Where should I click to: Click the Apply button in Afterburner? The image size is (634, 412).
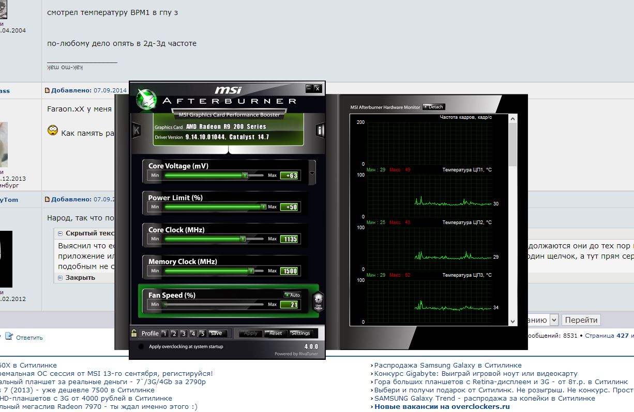pyautogui.click(x=251, y=334)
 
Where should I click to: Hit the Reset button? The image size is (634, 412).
pyautogui.click(x=276, y=334)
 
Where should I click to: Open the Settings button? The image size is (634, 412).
pyautogui.click(x=300, y=334)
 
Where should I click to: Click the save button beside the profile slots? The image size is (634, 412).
pyautogui.click(x=216, y=334)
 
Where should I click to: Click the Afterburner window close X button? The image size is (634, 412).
pyautogui.click(x=318, y=88)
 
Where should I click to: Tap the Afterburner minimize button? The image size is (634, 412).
pyautogui.click(x=309, y=88)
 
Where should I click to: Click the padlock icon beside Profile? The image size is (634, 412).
pyautogui.click(x=134, y=334)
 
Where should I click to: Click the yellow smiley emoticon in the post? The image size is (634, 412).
pyautogui.click(x=52, y=131)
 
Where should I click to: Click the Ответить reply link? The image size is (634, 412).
pyautogui.click(x=29, y=338)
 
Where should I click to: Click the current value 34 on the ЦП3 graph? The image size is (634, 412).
pyautogui.click(x=496, y=308)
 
